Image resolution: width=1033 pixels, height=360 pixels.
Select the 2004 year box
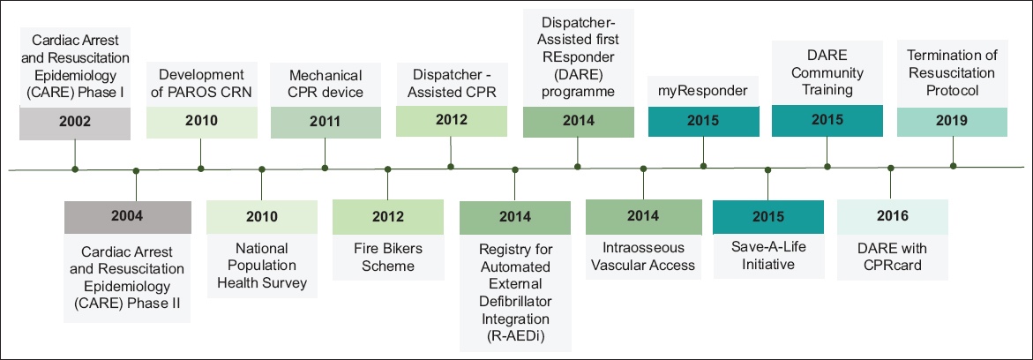[x=128, y=216]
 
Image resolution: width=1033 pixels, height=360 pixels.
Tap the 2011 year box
[x=326, y=121]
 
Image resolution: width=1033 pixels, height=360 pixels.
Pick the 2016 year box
[x=893, y=216]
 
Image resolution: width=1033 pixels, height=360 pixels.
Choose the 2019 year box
[x=953, y=121]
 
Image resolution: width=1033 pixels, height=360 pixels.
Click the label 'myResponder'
[x=703, y=92]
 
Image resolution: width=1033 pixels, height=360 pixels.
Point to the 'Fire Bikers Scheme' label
[x=387, y=258]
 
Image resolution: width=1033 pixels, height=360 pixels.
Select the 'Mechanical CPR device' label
[x=326, y=84]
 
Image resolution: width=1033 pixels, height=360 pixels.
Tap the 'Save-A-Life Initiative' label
[x=768, y=257]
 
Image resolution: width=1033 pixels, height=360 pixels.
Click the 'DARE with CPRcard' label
[x=893, y=257]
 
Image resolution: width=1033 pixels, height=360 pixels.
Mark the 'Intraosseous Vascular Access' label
[x=643, y=257]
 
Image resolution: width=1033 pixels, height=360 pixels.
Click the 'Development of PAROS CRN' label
[x=201, y=84]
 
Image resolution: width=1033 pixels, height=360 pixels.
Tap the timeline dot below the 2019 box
[x=954, y=166]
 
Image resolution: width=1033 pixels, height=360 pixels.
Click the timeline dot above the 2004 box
[x=137, y=171]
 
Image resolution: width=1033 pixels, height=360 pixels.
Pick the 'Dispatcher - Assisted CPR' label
[x=452, y=84]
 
